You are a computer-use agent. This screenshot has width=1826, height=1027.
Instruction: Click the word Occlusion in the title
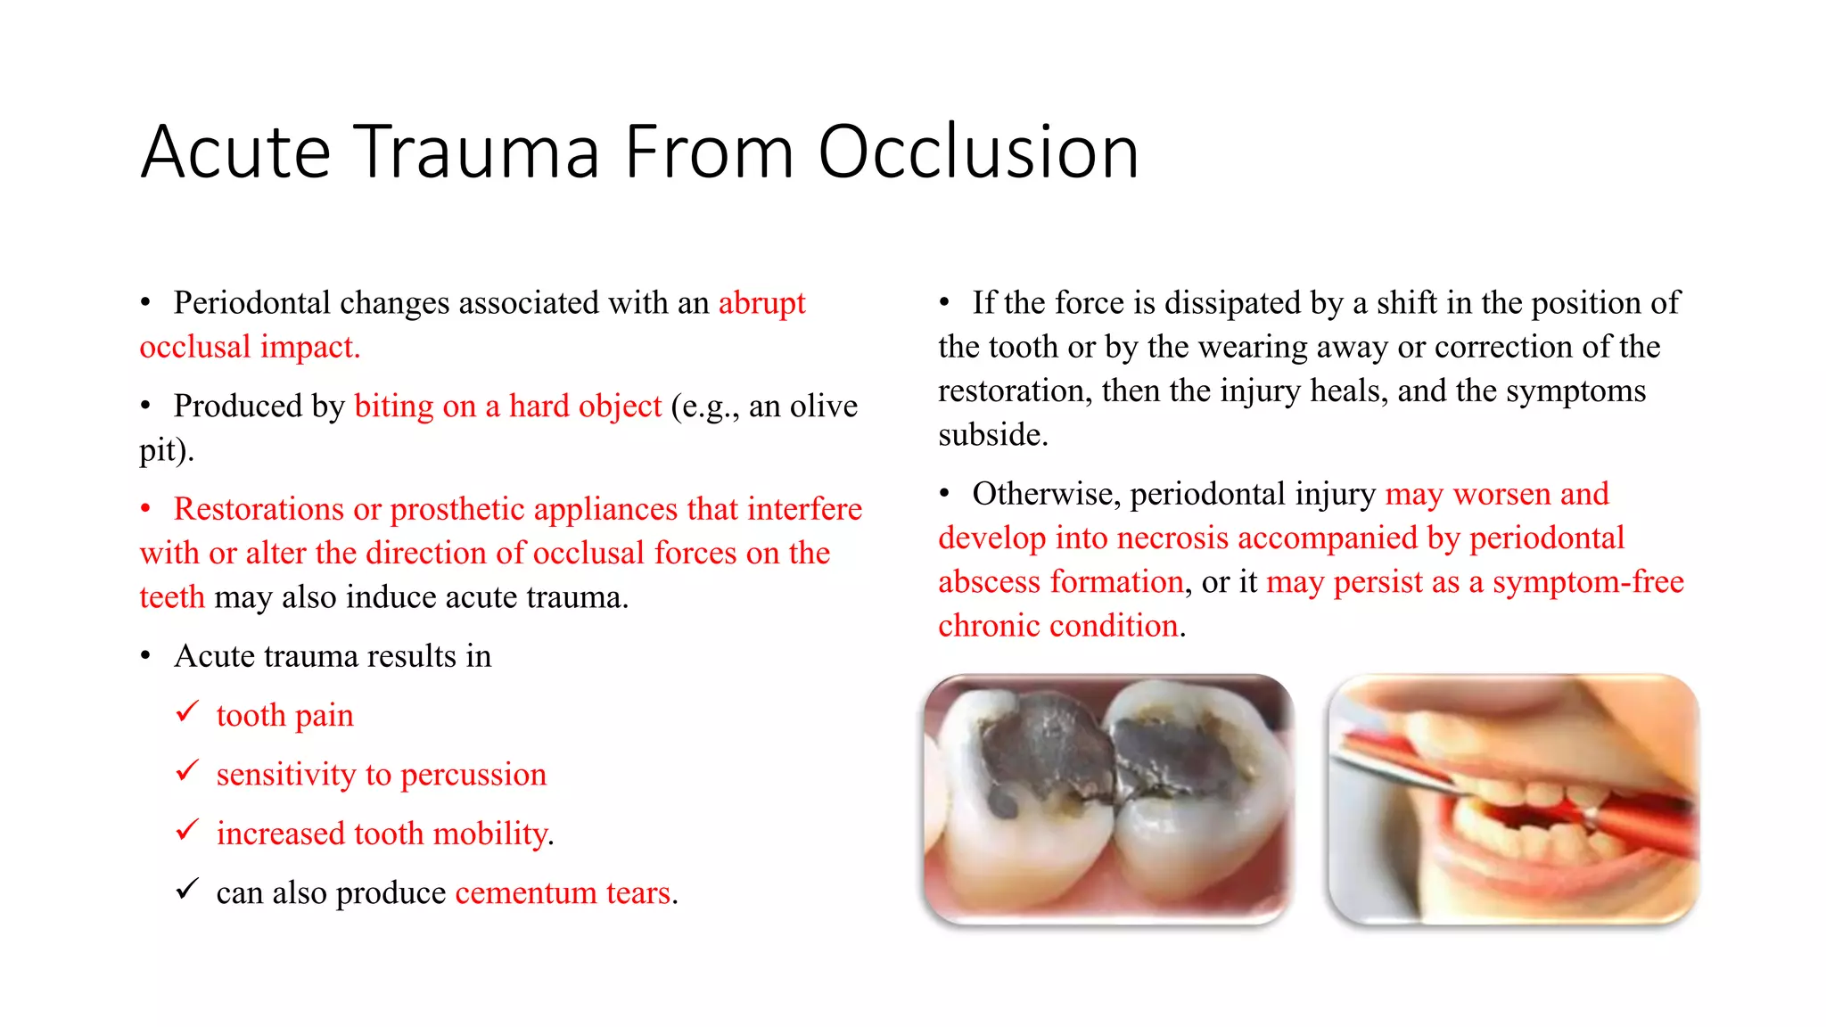click(978, 152)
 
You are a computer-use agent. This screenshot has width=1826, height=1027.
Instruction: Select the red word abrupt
click(761, 303)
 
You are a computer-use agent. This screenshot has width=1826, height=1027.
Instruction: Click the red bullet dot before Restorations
click(145, 510)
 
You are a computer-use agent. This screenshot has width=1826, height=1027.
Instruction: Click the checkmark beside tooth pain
click(187, 712)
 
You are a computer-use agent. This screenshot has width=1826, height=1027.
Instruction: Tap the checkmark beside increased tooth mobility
click(187, 831)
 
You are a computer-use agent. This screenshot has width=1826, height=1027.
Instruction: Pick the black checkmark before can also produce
click(187, 890)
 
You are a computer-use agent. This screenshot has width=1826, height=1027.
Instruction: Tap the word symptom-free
click(1588, 582)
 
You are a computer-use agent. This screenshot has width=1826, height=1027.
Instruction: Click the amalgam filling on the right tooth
click(1177, 753)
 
